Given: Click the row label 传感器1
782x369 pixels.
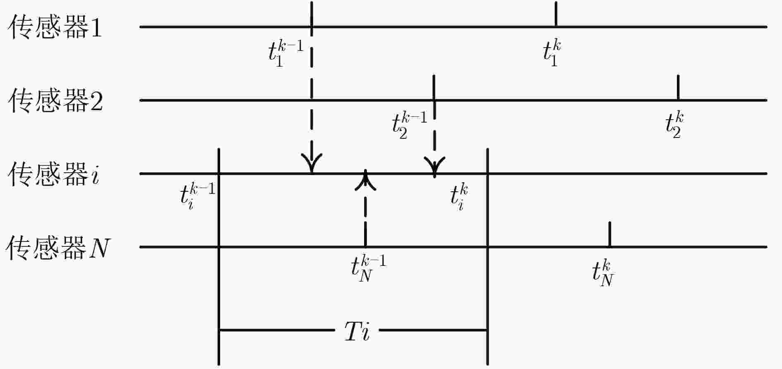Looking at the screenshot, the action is coord(55,28).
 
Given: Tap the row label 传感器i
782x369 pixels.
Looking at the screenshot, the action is coord(54,174).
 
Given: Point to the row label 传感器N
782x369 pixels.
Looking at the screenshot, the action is coord(58,248).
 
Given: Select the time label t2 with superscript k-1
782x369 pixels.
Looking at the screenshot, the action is coord(410,125).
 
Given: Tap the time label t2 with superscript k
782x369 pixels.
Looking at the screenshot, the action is coord(675,125).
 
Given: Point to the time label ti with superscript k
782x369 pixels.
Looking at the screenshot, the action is coord(459,198).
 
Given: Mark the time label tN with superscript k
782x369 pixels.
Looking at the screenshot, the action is coord(603,273).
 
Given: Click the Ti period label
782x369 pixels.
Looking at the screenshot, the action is coord(357,331).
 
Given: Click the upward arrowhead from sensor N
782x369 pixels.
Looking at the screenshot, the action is coord(365,180).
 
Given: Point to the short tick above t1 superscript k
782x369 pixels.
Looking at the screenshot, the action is coord(556,14).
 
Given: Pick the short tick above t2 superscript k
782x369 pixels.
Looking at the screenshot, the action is coord(678,87).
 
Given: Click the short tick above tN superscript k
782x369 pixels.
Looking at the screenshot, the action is coord(610,234).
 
